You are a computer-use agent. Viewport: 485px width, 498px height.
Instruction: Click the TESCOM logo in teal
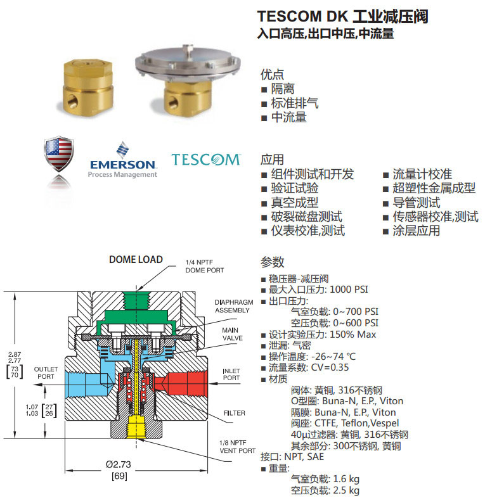coord(206,159)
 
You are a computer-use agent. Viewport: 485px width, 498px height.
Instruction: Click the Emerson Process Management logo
coord(122,160)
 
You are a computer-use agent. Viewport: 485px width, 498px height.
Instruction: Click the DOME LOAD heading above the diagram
coord(136,259)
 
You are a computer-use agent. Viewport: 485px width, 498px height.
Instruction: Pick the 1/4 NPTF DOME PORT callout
coord(204,266)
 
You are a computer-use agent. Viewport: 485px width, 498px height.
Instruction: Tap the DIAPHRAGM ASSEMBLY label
coord(232,307)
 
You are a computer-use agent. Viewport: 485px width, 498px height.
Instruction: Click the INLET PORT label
coord(231,374)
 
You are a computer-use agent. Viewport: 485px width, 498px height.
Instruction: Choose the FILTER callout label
coord(234,413)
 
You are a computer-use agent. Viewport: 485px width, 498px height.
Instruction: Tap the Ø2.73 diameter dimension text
coord(119,464)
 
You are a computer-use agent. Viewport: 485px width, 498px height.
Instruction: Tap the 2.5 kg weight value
coord(346,490)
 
